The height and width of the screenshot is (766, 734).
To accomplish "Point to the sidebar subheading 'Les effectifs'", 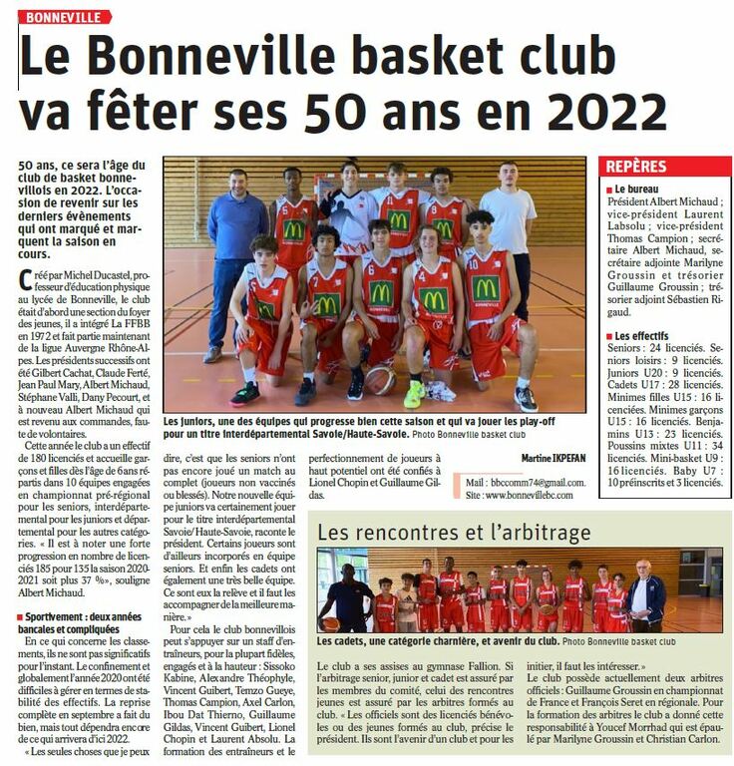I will [x=643, y=336].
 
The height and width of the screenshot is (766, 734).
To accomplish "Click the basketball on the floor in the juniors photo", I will [x=379, y=380].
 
